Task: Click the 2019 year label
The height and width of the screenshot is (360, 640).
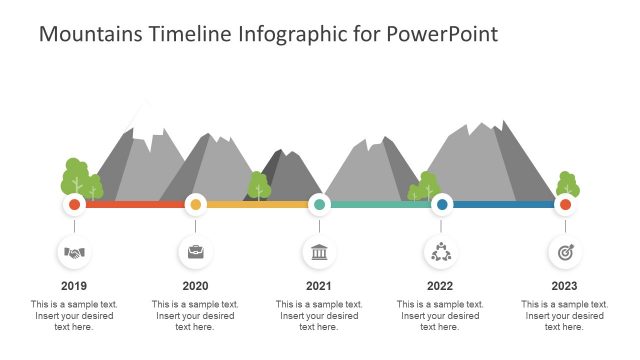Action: pyautogui.click(x=74, y=286)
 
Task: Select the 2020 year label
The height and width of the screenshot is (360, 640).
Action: pyautogui.click(x=196, y=286)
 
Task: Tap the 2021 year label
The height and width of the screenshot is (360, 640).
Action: pyautogui.click(x=318, y=286)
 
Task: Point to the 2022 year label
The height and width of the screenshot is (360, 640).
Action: pyautogui.click(x=440, y=286)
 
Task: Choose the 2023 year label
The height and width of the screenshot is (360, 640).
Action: pyautogui.click(x=564, y=286)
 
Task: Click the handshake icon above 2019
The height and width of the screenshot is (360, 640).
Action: pyautogui.click(x=74, y=253)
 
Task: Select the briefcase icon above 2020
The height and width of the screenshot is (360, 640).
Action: pyautogui.click(x=196, y=253)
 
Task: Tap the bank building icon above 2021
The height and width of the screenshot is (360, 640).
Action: pyautogui.click(x=319, y=253)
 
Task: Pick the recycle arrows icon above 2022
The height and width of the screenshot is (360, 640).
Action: pyautogui.click(x=441, y=253)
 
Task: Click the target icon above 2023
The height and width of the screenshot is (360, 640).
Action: pyautogui.click(x=565, y=253)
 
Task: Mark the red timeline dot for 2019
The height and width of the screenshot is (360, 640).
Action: pyautogui.click(x=74, y=205)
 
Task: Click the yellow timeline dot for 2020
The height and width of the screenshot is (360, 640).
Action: pyautogui.click(x=196, y=205)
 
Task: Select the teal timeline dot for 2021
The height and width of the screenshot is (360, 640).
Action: pyautogui.click(x=319, y=205)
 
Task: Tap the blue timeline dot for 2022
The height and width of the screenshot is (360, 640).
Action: pyautogui.click(x=442, y=205)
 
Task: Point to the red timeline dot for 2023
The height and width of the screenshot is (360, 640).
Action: pyautogui.click(x=565, y=205)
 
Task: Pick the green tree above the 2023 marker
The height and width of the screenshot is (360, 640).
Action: pyautogui.click(x=567, y=185)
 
